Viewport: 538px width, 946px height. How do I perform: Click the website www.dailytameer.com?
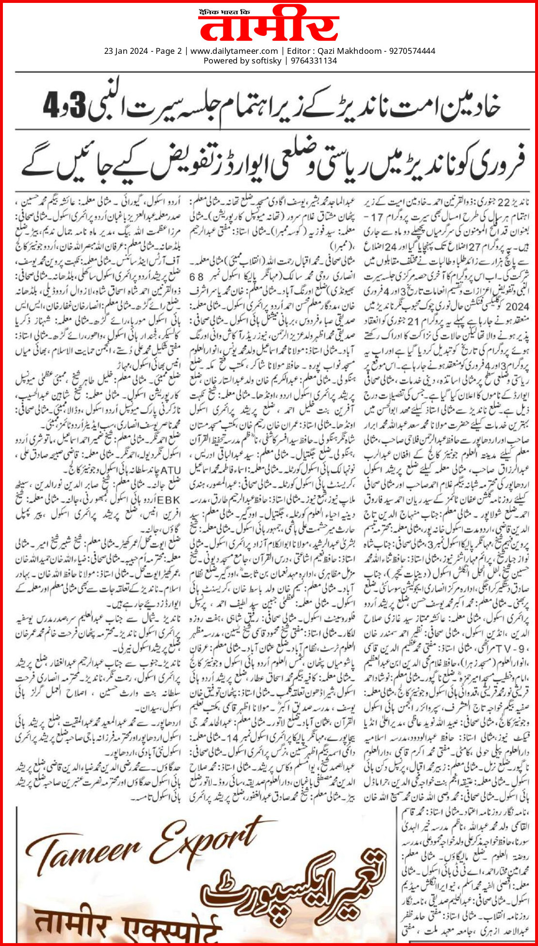coord(234,51)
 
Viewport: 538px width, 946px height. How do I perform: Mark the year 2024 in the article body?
coord(520,306)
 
